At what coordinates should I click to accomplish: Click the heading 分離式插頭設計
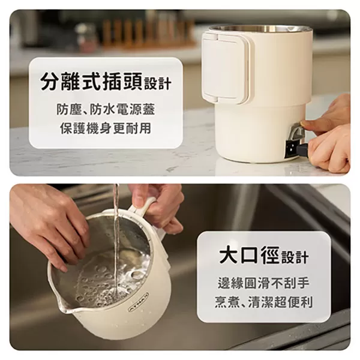106,82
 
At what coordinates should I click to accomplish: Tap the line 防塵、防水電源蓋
106,110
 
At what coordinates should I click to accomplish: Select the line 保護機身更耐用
106,128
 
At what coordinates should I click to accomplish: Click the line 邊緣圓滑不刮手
263,283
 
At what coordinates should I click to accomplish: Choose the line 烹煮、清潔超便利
263,302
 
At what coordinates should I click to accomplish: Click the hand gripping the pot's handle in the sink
159,204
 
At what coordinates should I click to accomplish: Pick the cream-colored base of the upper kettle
252,135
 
